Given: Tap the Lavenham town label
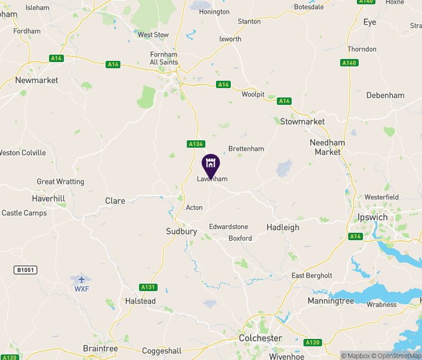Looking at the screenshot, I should click(x=212, y=179).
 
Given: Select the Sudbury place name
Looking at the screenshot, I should click(x=181, y=232).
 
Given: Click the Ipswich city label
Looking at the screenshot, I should click(x=372, y=218).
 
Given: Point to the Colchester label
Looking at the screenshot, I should click(x=261, y=338).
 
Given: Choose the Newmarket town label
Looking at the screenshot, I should click(x=37, y=81).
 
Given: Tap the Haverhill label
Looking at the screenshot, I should click(x=48, y=199).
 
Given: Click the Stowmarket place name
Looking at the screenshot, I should click(x=302, y=122).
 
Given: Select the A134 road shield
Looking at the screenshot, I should click(x=195, y=144).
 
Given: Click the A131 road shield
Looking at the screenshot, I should click(x=148, y=287).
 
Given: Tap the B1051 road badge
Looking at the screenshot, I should click(x=24, y=270).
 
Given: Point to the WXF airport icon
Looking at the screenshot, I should click(x=81, y=279).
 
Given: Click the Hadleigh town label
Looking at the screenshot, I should click(x=283, y=228).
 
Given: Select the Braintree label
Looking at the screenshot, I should click(x=100, y=349).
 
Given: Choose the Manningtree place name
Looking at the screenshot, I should click(x=331, y=301).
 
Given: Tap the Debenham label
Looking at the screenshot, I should click(x=385, y=96).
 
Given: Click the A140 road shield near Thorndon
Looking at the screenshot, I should click(x=349, y=63).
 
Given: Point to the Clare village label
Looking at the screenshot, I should click(x=115, y=201).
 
